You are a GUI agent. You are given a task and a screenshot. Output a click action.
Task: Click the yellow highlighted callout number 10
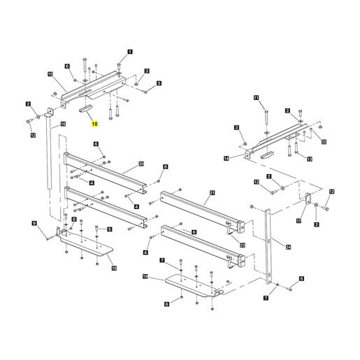click(94, 124)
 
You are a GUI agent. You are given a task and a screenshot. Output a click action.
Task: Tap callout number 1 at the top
click(130, 52)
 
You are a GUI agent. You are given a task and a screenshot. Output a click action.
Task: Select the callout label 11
click(257, 98)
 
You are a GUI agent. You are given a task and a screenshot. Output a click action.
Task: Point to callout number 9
click(34, 224)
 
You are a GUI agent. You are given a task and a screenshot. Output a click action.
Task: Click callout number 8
click(74, 219)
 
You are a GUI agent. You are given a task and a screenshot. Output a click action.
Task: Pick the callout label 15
click(50, 74)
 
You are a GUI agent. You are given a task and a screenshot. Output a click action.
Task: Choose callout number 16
click(63, 124)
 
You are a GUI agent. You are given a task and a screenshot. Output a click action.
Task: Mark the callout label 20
click(141, 164)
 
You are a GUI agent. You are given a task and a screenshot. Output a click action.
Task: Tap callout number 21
click(212, 193)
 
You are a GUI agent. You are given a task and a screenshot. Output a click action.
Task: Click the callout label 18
click(114, 268)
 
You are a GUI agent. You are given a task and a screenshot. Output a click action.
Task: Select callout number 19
click(145, 277)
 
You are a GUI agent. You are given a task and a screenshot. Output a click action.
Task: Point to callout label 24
click(289, 247)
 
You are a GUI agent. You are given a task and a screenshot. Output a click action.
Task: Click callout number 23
click(243, 245)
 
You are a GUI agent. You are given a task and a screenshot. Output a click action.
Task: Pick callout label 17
click(299, 221)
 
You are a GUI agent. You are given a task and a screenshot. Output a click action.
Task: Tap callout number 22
click(324, 142)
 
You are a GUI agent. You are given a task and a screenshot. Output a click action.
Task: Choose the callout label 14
click(226, 159)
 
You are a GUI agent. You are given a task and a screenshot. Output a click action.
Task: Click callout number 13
click(310, 159)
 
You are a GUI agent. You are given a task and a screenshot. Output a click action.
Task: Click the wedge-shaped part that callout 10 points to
click(85, 109)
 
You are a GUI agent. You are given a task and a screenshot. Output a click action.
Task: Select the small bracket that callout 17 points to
click(308, 199)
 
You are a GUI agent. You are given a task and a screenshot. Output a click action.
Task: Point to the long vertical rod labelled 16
click(49, 152)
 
